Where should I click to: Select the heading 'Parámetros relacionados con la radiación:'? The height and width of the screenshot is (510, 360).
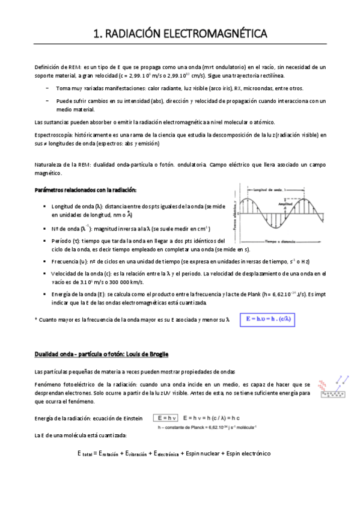tap(86, 191)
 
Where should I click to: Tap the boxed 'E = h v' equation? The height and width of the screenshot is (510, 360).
tap(166, 417)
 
